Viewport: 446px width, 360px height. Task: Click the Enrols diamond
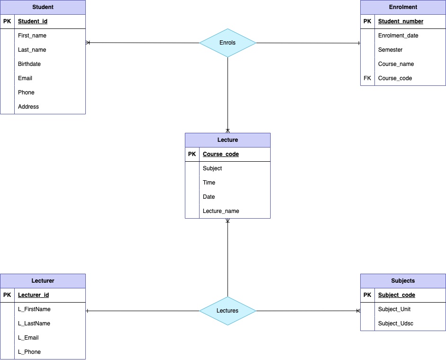(x=228, y=43)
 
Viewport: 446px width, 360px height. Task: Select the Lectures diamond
(x=228, y=311)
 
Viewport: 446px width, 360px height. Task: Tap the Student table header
(x=43, y=7)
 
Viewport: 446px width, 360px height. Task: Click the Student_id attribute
(x=33, y=21)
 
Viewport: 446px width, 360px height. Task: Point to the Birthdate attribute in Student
(x=29, y=64)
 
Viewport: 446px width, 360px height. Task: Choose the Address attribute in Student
(x=28, y=107)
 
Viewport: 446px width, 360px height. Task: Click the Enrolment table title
(x=403, y=7)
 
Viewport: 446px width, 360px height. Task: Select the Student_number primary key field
(x=400, y=21)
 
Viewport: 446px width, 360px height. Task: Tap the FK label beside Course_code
(x=367, y=78)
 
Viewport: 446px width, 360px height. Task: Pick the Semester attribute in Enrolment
(x=390, y=50)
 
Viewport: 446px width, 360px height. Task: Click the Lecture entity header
(x=228, y=140)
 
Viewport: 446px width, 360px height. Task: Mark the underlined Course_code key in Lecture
(x=221, y=154)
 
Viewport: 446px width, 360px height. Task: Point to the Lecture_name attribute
(x=221, y=211)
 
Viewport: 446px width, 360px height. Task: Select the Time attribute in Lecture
(x=209, y=183)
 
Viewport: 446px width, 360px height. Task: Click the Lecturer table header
(x=43, y=281)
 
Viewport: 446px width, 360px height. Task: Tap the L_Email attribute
(x=28, y=338)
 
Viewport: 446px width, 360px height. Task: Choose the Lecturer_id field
(x=33, y=295)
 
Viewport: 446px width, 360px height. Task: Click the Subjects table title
(x=403, y=281)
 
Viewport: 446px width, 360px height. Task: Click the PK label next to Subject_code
(x=367, y=295)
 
